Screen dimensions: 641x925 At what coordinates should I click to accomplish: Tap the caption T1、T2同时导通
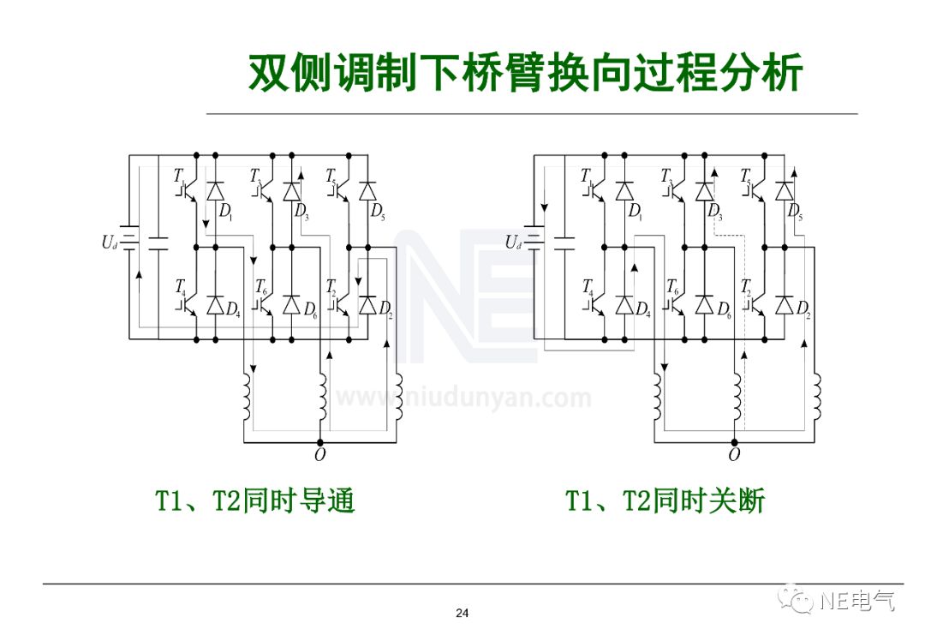[x=254, y=501]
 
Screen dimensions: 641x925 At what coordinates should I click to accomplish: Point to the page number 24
[x=462, y=613]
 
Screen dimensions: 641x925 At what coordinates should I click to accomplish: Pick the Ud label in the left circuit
[x=108, y=243]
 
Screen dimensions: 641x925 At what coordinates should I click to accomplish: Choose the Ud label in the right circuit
[x=513, y=243]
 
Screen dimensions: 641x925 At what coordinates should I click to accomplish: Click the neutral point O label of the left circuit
[x=319, y=455]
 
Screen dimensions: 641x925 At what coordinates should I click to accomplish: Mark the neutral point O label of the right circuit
[x=733, y=455]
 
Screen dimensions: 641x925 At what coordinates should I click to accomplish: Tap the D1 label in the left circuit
[x=225, y=211]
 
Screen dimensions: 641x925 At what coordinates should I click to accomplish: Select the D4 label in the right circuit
[x=642, y=309]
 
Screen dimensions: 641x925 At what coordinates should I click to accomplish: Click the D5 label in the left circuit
[x=378, y=211]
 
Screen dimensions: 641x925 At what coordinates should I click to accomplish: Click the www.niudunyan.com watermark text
[x=462, y=398]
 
